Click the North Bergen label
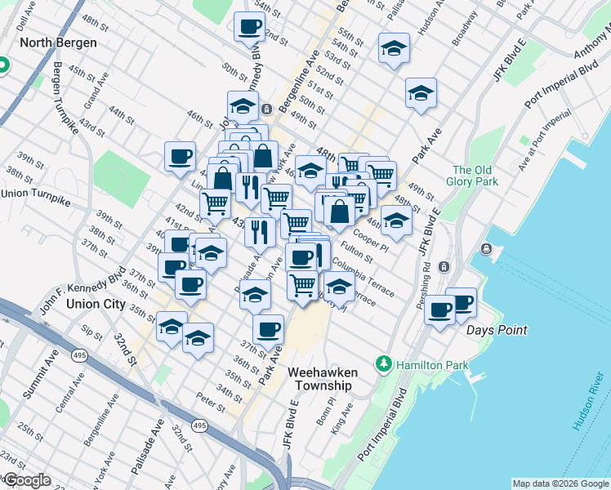tap(58, 42)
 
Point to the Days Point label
tap(497, 330)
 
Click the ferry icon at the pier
tap(488, 248)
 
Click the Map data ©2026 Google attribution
tap(560, 483)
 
